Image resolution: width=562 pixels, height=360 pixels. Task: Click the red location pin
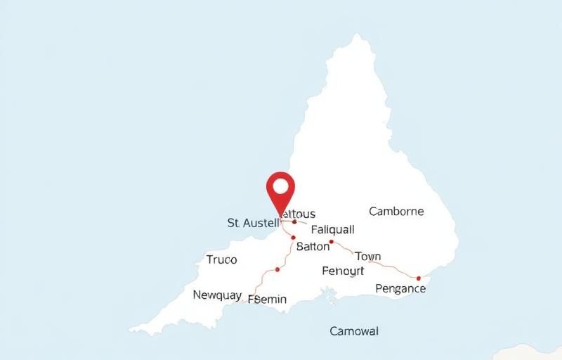[x=281, y=191]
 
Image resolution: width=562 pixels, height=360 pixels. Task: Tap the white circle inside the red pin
[x=281, y=186]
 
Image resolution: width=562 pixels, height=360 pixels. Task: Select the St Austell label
[x=253, y=223]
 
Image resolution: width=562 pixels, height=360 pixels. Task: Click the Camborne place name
[x=396, y=211]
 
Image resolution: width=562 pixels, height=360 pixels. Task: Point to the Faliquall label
[x=332, y=229]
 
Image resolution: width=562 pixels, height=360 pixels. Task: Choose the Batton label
[x=313, y=247]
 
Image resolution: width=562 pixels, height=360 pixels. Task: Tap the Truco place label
[x=222, y=259]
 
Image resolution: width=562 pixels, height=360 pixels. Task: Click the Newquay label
[x=217, y=295]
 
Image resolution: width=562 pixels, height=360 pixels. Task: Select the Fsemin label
[x=268, y=299]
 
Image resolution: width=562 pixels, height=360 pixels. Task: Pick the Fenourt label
[x=343, y=271]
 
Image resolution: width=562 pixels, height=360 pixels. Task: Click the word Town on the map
[x=368, y=256]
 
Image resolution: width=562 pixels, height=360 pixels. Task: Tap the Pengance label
[x=400, y=288]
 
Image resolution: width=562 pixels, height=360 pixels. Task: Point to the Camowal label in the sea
[x=354, y=330]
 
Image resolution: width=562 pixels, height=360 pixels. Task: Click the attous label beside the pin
[x=299, y=214]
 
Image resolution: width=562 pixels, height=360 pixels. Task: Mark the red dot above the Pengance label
[x=419, y=278]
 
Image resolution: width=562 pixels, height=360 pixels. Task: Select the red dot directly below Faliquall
[x=331, y=241]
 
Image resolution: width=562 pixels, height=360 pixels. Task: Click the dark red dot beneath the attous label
[x=294, y=221]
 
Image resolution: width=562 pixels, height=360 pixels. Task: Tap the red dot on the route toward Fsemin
[x=277, y=269]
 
